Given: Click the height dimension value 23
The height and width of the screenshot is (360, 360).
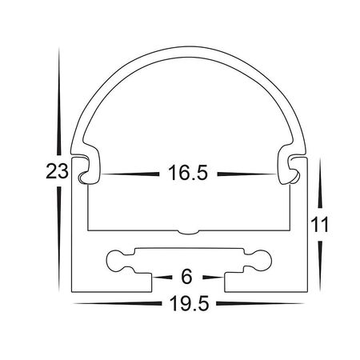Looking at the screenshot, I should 54,171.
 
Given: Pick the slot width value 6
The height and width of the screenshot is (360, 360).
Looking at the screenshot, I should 187,278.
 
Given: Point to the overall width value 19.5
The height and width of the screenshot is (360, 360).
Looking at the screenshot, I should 187,303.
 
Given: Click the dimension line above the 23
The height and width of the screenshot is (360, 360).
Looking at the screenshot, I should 58,104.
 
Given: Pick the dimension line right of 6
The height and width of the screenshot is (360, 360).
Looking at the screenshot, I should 213,278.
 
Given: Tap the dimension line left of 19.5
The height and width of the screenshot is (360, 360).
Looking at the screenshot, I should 112,304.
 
